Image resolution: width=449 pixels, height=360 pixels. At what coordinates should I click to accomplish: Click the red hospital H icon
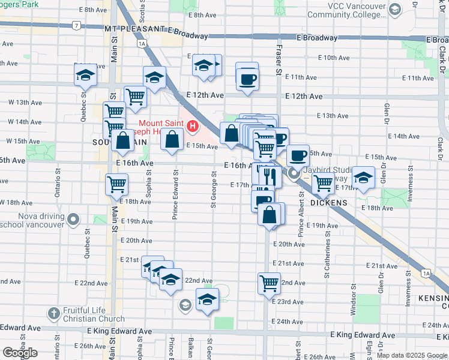pyautogui.click(x=193, y=126)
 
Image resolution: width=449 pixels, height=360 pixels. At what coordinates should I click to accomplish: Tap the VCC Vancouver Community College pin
pyautogui.click(x=394, y=9)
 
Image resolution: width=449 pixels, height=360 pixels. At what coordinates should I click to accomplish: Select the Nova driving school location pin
pyautogui.click(x=74, y=219)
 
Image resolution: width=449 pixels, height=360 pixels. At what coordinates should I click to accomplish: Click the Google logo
pyautogui.click(x=20, y=353)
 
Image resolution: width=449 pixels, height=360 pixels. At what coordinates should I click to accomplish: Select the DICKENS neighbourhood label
pyautogui.click(x=329, y=203)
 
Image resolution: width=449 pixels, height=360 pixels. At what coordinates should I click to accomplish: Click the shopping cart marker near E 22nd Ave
pyautogui.click(x=270, y=283)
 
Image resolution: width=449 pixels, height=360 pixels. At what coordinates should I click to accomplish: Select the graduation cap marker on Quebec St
pyautogui.click(x=86, y=76)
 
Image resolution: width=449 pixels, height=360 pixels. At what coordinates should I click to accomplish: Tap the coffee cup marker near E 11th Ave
pyautogui.click(x=247, y=78)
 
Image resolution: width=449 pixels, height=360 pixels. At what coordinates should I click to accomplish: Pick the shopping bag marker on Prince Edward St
pyautogui.click(x=172, y=140)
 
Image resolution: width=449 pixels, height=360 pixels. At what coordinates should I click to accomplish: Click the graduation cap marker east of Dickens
pyautogui.click(x=363, y=178)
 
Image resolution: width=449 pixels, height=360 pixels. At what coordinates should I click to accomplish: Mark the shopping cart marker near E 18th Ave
pyautogui.click(x=116, y=185)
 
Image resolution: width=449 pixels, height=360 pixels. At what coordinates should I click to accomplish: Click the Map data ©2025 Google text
pyautogui.click(x=412, y=355)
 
